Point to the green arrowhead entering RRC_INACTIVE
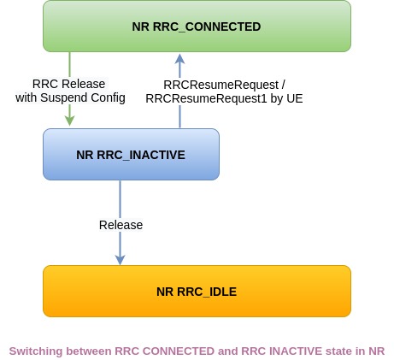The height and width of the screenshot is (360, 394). click(69, 122)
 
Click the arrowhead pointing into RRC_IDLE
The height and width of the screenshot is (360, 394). click(120, 258)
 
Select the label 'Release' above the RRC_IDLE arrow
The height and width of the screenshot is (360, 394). click(121, 225)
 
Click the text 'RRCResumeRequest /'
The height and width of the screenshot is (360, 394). click(224, 84)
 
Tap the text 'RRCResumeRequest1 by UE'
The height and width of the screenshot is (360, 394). click(224, 98)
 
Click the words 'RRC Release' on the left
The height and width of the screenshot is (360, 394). click(68, 84)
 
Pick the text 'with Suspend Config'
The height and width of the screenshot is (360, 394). click(70, 98)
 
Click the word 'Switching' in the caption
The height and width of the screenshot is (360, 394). click(34, 351)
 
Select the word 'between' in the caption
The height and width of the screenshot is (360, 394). click(86, 351)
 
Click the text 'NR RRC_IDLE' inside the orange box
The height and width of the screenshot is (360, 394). click(197, 291)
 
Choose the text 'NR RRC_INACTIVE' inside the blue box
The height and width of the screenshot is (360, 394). click(131, 155)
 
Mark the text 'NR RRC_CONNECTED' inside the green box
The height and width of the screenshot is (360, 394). click(197, 27)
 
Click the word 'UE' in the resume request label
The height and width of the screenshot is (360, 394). click(294, 98)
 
